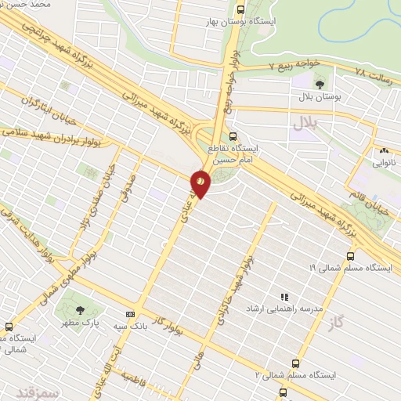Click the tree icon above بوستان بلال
pyautogui.click(x=319, y=83)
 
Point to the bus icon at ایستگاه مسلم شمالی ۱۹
pyautogui.click(x=350, y=255)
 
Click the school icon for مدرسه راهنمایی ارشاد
pyautogui.click(x=285, y=298)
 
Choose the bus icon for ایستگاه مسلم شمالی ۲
pyautogui.click(x=295, y=363)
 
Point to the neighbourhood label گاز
pyautogui.click(x=337, y=323)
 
